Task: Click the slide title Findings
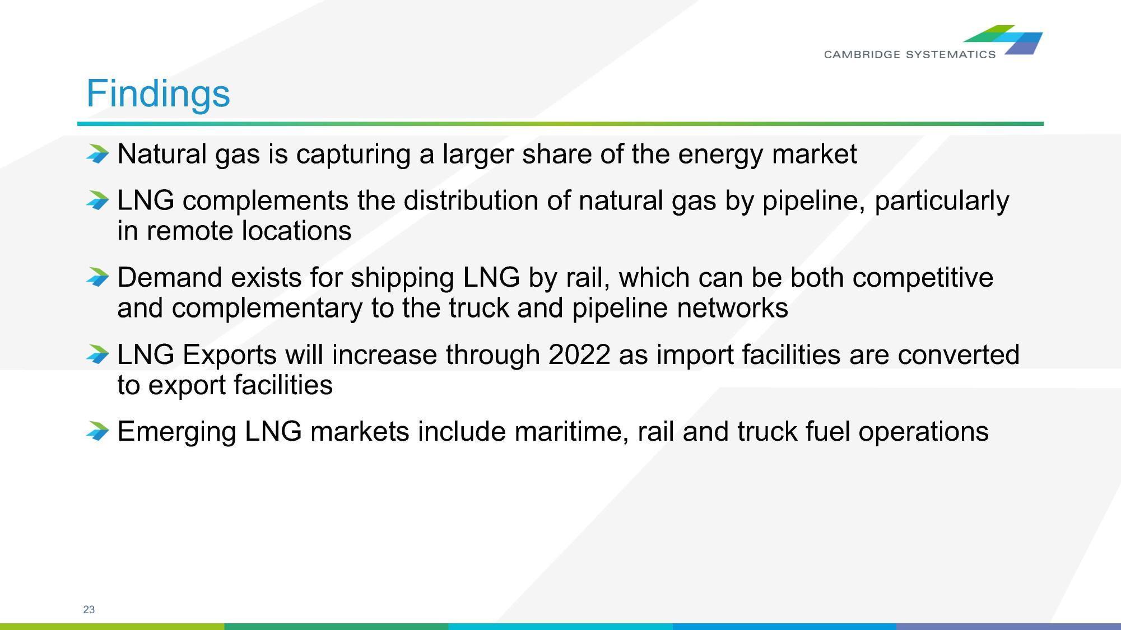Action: pyautogui.click(x=158, y=94)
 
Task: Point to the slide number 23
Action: pyautogui.click(x=89, y=609)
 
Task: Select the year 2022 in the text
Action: pyautogui.click(x=579, y=354)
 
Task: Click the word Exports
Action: pyautogui.click(x=230, y=354)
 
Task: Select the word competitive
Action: pyautogui.click(x=923, y=278)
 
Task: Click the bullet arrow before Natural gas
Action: pyautogui.click(x=98, y=154)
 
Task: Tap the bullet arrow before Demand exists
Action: pyautogui.click(x=98, y=277)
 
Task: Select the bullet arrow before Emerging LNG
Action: pyautogui.click(x=98, y=431)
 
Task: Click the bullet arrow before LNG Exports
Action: pyautogui.click(x=98, y=354)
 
